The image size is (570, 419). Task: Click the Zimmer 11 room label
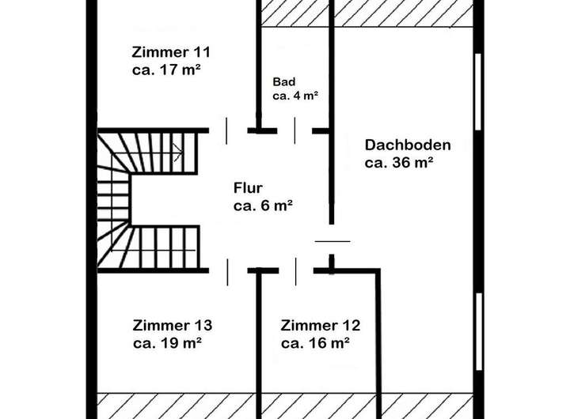point(170,53)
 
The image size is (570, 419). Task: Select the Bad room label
point(283,82)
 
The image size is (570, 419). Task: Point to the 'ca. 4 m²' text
point(295,96)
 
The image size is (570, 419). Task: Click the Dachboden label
point(408,145)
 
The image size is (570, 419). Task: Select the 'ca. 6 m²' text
point(264,206)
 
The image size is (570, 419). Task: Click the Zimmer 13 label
point(172,326)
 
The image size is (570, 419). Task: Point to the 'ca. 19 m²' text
point(168,343)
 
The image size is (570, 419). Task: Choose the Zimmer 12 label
point(321,326)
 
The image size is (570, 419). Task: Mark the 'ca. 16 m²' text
point(316,343)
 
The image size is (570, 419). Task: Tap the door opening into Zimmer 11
point(228,130)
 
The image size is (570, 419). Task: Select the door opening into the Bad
point(295,130)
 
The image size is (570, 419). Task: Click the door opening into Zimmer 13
point(228,270)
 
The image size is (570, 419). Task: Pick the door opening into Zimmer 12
point(296,270)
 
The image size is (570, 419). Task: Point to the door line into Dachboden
point(332,240)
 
